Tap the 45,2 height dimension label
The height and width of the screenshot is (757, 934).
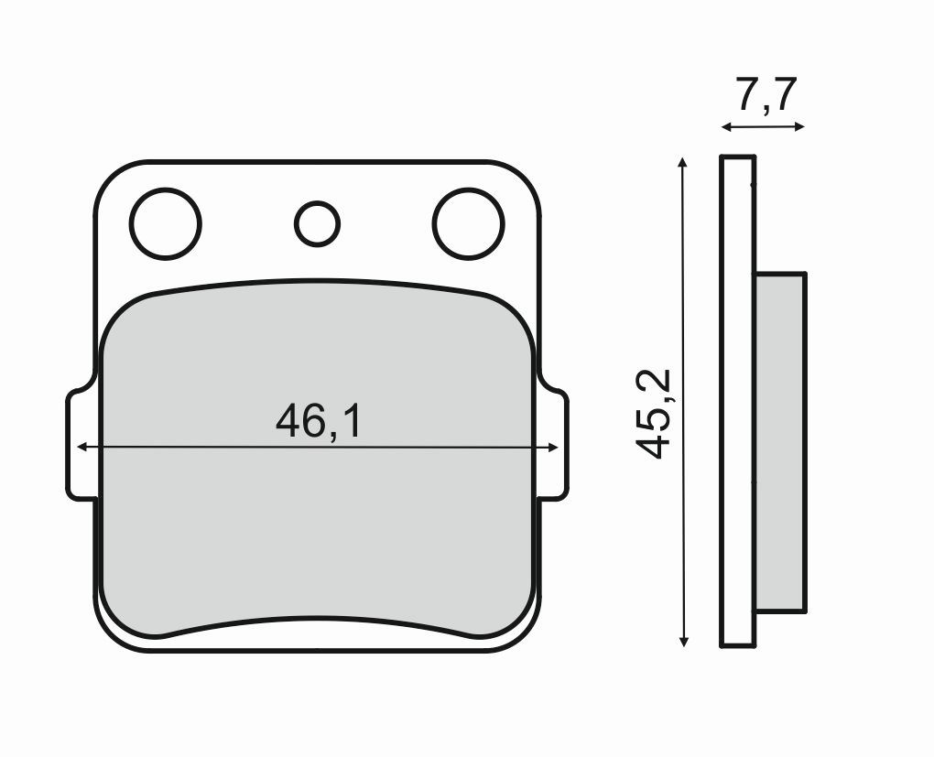[656, 414]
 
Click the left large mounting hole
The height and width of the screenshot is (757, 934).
[165, 223]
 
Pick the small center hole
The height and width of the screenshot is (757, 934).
[317, 222]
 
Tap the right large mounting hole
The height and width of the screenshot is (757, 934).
[468, 223]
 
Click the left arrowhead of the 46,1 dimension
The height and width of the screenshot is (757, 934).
[82, 448]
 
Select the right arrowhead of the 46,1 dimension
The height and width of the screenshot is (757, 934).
[552, 448]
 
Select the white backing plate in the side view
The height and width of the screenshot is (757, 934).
[738, 403]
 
